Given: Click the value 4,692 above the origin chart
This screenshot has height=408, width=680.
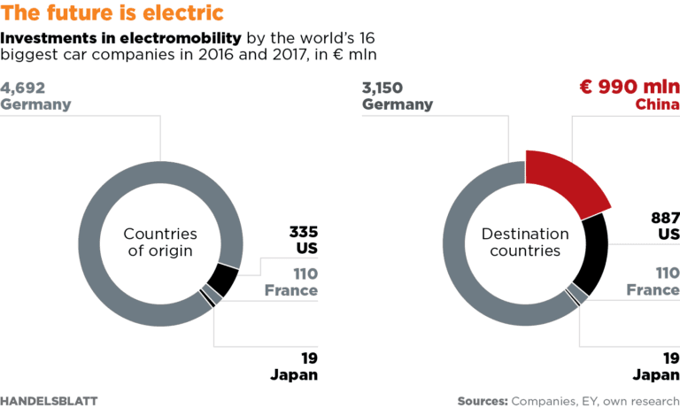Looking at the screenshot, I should (23, 88).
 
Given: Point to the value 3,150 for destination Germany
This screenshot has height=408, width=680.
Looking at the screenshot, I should (386, 88).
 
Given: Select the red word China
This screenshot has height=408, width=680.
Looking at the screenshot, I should (657, 104).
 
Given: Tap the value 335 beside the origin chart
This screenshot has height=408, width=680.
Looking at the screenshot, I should (303, 233).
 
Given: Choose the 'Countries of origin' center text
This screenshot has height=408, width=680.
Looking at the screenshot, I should (159, 242).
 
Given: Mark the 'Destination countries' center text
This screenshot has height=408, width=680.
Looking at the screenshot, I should (525, 242).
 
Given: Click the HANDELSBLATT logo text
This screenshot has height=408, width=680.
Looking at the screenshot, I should (49, 401).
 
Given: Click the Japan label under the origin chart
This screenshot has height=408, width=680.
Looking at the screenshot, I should (293, 374).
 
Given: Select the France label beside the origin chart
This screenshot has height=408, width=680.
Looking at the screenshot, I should (291, 290).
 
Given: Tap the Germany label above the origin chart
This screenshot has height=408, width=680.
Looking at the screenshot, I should (35, 104).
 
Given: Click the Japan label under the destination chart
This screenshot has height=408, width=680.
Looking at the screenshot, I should (656, 374).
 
